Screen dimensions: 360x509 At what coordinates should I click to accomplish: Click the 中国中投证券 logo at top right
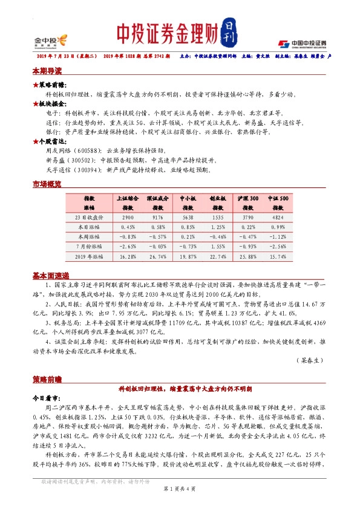point(302,44)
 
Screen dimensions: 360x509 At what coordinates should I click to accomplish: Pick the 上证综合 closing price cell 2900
point(128,216)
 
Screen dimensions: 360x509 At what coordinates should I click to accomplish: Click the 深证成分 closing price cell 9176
point(158,216)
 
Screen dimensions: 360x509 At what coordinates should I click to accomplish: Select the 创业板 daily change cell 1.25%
point(218,226)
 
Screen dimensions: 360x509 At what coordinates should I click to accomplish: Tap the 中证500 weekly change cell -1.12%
point(278,236)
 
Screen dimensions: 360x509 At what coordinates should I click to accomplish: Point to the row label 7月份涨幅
point(89,246)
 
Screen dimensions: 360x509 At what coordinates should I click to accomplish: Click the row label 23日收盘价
point(89,216)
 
